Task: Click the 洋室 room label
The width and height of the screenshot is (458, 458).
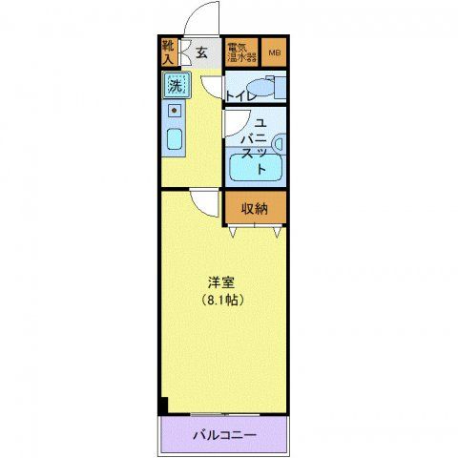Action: [x=223, y=283]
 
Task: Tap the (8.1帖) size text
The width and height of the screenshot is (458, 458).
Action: [x=223, y=300]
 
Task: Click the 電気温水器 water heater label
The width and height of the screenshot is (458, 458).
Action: [x=242, y=52]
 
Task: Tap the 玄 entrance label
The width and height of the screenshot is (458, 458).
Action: [x=202, y=53]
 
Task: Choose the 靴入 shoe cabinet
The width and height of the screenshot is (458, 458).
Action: [x=169, y=52]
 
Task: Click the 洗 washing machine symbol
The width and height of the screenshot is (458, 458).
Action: [x=175, y=86]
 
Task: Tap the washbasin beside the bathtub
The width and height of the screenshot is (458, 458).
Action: [x=279, y=143]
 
